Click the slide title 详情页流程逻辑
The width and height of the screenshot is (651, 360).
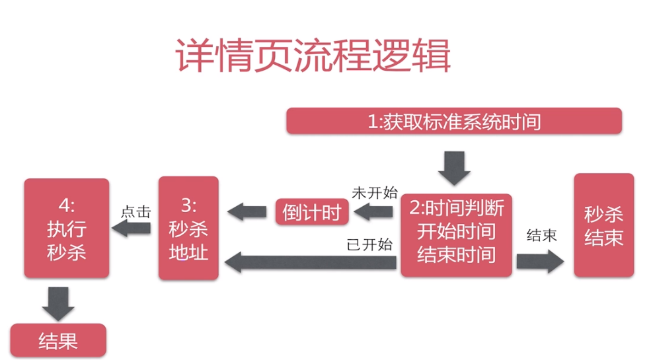click(313, 55)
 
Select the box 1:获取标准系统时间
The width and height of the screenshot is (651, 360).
click(454, 122)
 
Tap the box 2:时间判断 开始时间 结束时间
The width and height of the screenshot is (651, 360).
click(456, 231)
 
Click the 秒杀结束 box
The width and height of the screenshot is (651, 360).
click(603, 225)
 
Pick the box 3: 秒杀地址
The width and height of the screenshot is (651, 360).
click(188, 229)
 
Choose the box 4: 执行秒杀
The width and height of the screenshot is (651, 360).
click(67, 229)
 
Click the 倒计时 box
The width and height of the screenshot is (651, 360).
click(312, 212)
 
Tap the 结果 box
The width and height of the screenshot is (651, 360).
click(58, 340)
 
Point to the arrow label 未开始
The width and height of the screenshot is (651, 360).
click(375, 193)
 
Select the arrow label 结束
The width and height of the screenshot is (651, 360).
click(541, 236)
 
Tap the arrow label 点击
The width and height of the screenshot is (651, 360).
click(135, 213)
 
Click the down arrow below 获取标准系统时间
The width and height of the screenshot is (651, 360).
click(454, 168)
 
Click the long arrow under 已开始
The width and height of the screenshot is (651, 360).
click(311, 262)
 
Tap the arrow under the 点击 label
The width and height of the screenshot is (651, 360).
click(134, 229)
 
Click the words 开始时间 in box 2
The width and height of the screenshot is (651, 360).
click(456, 231)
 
